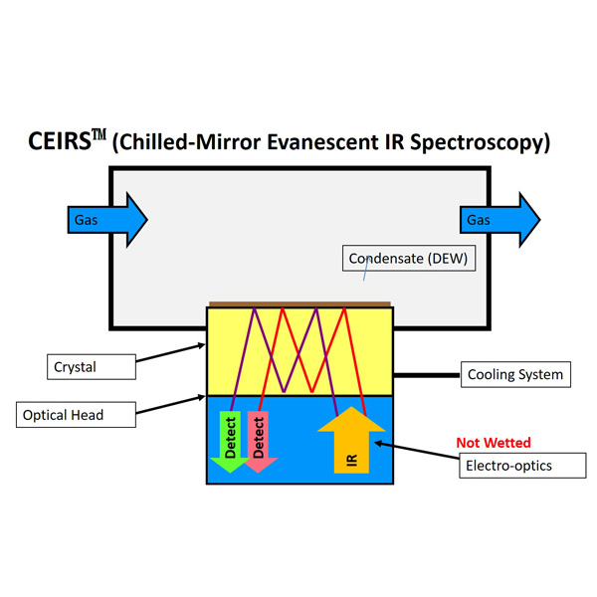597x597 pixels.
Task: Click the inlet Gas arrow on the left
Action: pos(107,220)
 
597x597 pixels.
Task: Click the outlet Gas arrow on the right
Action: pos(500,220)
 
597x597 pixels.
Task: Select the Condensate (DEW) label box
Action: pos(409,258)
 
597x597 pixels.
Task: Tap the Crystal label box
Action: pos(92,366)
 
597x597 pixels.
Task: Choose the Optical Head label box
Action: pos(76,415)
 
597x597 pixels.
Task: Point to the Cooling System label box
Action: pos(515,374)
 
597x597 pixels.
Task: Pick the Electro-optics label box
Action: pos(522,466)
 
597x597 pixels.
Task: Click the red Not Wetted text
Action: pos(494,443)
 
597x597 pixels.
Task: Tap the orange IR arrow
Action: pos(351,440)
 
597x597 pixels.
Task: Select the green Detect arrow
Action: pos(230,442)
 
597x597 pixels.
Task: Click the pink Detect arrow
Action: pos(259,442)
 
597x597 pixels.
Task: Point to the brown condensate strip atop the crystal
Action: pos(300,304)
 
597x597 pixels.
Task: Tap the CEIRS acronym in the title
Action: pos(60,141)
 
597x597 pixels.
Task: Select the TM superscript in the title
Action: pos(99,134)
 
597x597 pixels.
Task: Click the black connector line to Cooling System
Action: pos(427,375)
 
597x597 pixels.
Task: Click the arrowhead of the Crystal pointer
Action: pos(201,345)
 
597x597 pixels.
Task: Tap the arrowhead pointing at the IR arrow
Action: pos(379,444)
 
